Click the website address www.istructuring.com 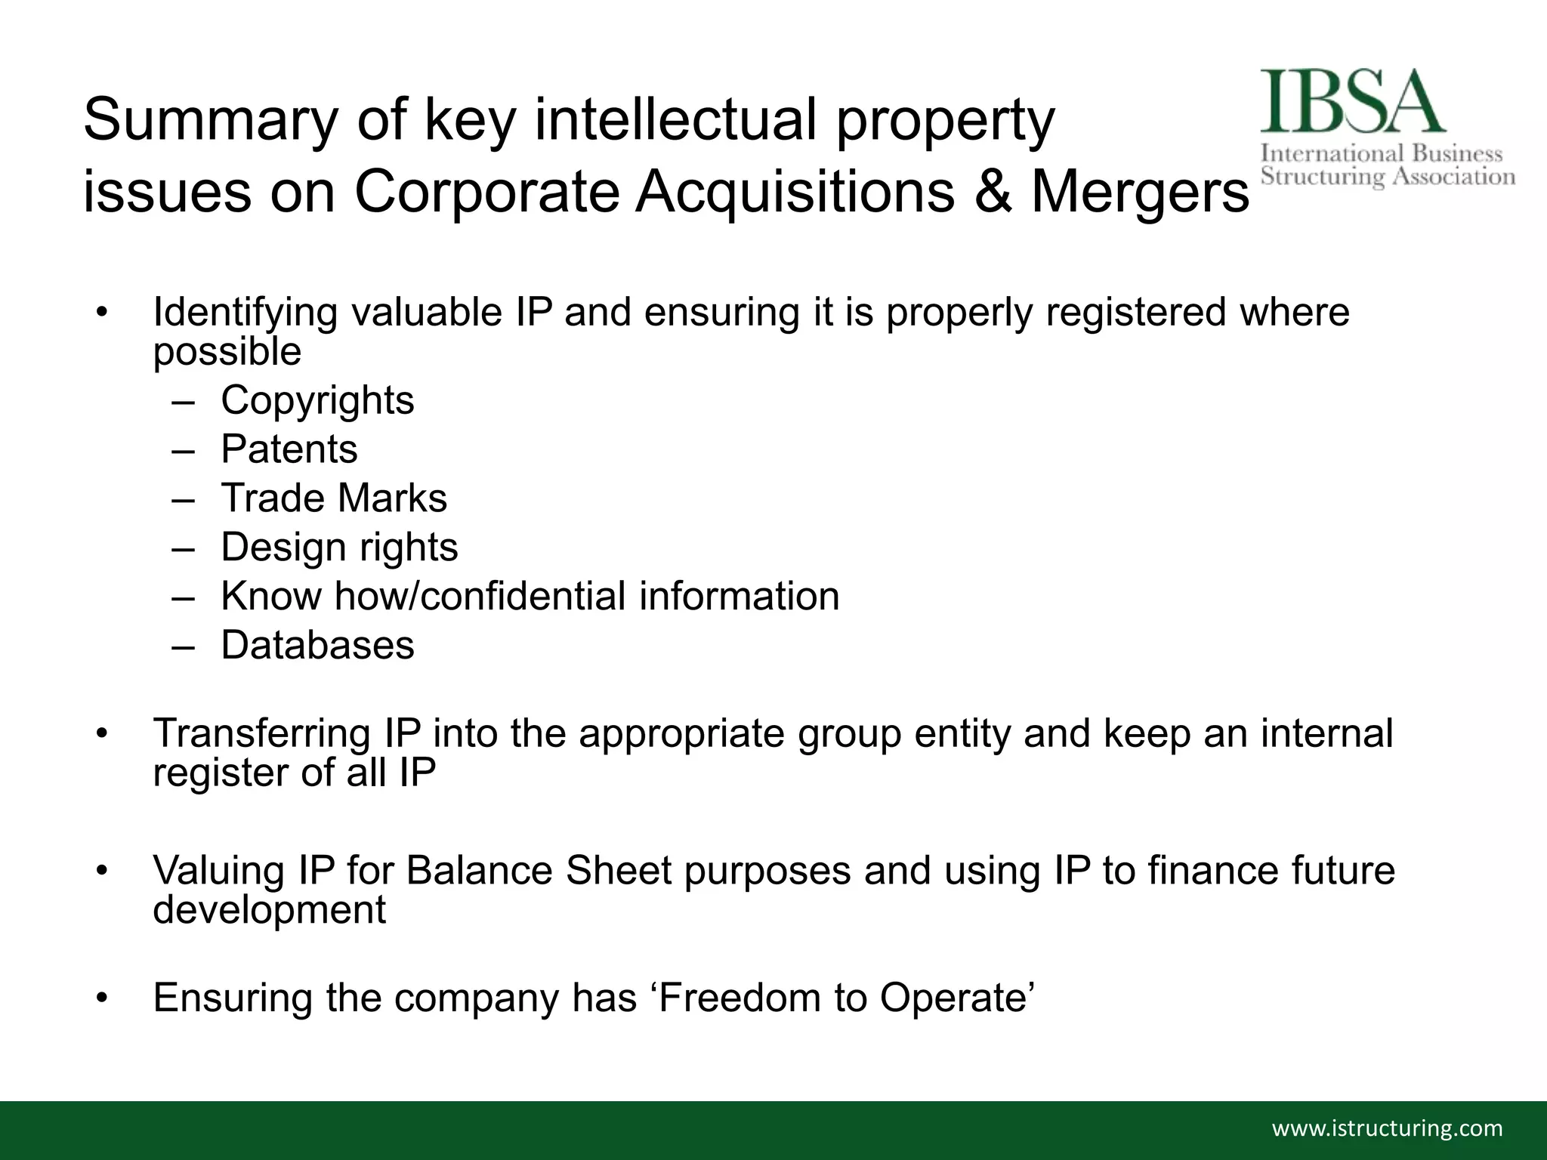click(1388, 1128)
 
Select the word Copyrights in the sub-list click(317, 400)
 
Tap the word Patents click(289, 449)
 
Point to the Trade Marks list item click(334, 498)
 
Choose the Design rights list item click(339, 548)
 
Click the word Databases click(317, 646)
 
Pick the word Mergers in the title click(1140, 193)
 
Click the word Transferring click(261, 733)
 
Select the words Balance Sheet click(539, 870)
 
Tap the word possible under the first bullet click(227, 352)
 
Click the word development click(269, 909)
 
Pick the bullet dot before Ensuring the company click(103, 999)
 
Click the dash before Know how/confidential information click(183, 597)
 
